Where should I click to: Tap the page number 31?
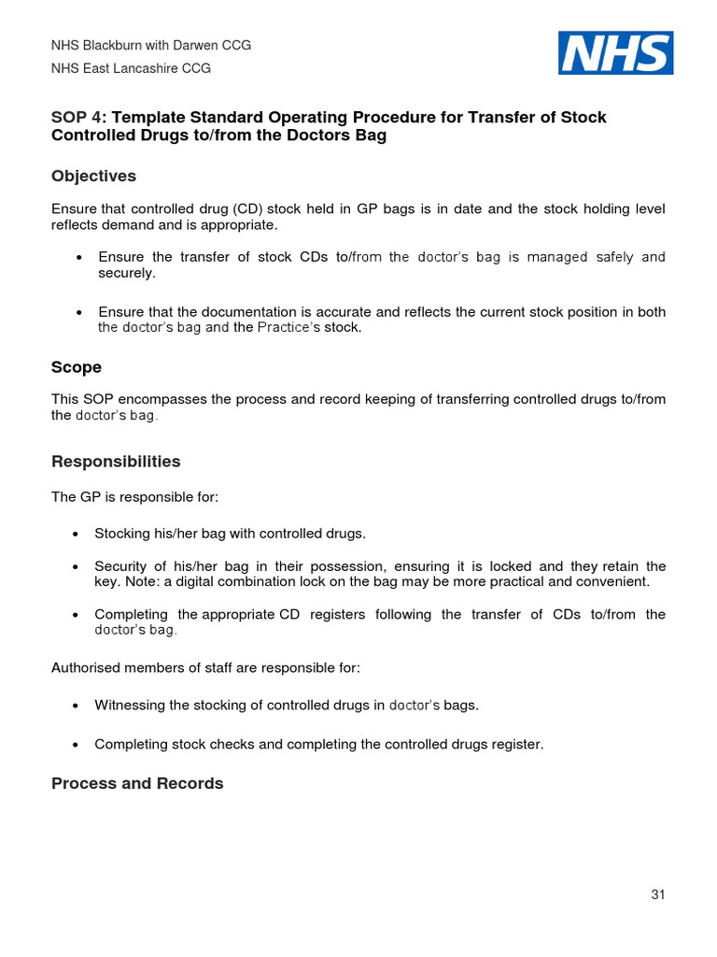pyautogui.click(x=658, y=894)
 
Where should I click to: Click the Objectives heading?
pyautogui.click(x=93, y=176)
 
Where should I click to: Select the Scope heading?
pyautogui.click(x=77, y=367)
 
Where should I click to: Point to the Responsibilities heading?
pyautogui.click(x=116, y=462)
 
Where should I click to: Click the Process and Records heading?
pyautogui.click(x=137, y=783)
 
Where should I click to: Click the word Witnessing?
pyautogui.click(x=129, y=705)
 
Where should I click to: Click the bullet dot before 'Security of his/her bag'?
pyautogui.click(x=75, y=567)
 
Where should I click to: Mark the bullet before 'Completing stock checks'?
pyautogui.click(x=75, y=745)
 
